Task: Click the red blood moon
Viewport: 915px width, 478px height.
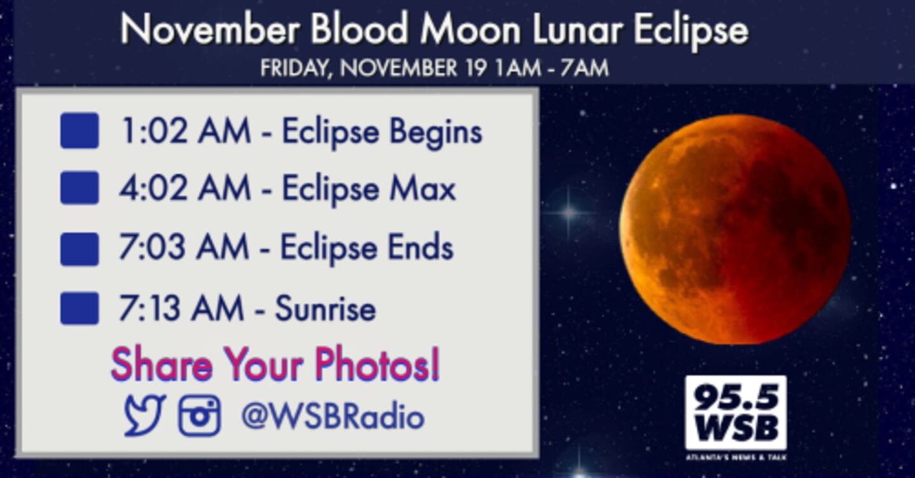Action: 735,229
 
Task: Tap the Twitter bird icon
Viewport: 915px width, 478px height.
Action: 145,414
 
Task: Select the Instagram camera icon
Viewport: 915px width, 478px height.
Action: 200,415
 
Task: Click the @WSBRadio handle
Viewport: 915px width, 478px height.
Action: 333,416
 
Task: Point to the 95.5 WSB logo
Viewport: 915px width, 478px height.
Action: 736,418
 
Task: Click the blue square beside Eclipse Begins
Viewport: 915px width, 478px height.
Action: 79,130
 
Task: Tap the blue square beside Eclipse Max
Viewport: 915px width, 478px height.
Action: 79,188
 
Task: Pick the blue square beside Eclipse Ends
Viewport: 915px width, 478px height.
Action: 79,249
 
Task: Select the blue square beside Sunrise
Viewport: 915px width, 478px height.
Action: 79,308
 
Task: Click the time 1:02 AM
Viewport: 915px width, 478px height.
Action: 185,130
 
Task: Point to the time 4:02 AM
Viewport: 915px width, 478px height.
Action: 185,188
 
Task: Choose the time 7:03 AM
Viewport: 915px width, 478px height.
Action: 184,247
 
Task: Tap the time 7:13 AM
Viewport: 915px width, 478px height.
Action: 181,308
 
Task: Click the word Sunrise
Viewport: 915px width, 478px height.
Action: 325,308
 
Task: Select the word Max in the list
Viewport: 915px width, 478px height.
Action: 423,188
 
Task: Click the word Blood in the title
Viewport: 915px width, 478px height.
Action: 360,29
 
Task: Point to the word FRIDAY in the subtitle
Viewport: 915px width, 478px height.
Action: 295,68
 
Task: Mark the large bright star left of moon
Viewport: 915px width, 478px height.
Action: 569,212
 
